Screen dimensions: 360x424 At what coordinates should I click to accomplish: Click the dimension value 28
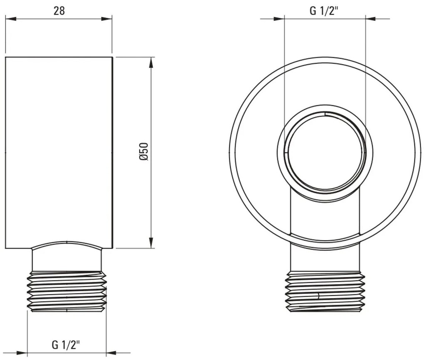point(59,11)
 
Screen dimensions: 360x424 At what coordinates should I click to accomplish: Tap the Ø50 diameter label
point(143,152)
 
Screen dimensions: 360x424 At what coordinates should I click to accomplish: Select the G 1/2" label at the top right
point(324,11)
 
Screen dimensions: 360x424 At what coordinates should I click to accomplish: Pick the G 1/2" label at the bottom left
point(66,344)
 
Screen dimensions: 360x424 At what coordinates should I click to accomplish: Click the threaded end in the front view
point(325,291)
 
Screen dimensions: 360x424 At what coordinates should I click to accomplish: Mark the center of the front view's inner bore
point(325,152)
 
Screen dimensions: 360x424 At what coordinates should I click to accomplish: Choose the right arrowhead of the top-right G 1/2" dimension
point(370,18)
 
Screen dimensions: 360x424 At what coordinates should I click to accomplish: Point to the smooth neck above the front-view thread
point(325,260)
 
